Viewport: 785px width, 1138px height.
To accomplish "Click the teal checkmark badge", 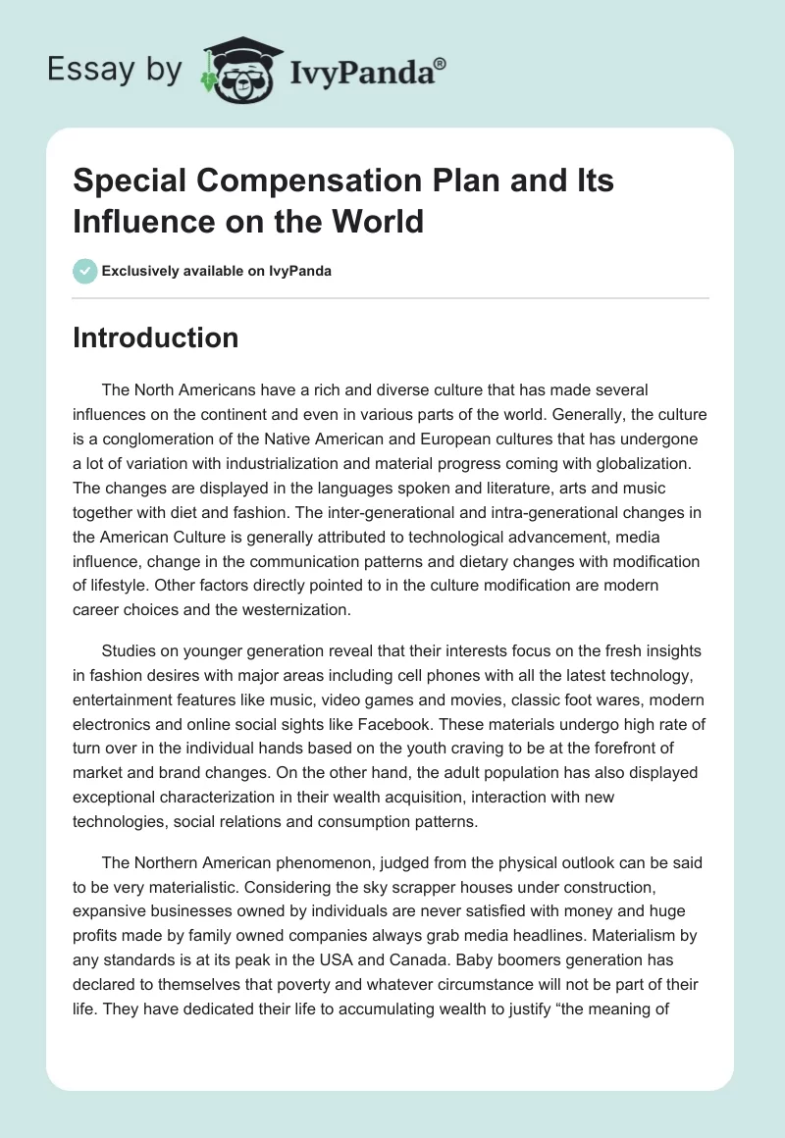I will (84, 271).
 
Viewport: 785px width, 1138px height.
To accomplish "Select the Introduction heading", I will (155, 337).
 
